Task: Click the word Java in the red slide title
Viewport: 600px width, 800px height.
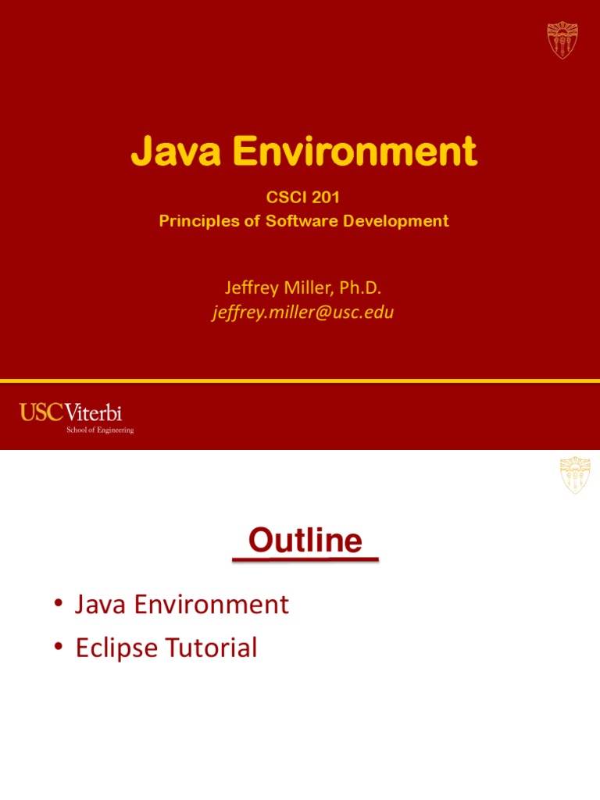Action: pyautogui.click(x=168, y=152)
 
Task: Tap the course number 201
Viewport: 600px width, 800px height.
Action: pyautogui.click(x=324, y=198)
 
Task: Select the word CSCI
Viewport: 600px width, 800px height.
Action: pyautogui.click(x=284, y=198)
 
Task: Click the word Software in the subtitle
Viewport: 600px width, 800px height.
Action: pyautogui.click(x=296, y=221)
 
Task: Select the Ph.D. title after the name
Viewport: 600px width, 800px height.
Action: pyautogui.click(x=361, y=289)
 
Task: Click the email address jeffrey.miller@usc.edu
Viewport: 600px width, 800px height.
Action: pyautogui.click(x=303, y=313)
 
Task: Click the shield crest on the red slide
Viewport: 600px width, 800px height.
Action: pyautogui.click(x=562, y=40)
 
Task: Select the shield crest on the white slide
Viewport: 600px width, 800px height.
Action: pyautogui.click(x=575, y=476)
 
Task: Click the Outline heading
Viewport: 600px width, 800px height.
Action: pyautogui.click(x=305, y=541)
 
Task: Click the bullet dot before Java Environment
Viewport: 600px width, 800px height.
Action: pyautogui.click(x=59, y=605)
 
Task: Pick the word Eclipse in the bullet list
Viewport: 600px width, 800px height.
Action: pyautogui.click(x=117, y=648)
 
